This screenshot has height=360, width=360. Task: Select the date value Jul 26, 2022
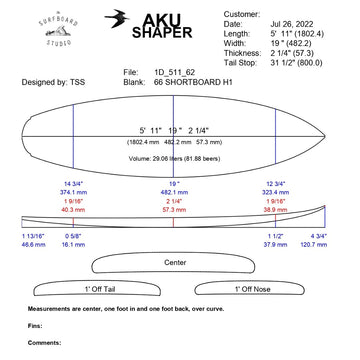coord(307,23)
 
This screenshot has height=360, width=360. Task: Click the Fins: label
coord(35,325)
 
